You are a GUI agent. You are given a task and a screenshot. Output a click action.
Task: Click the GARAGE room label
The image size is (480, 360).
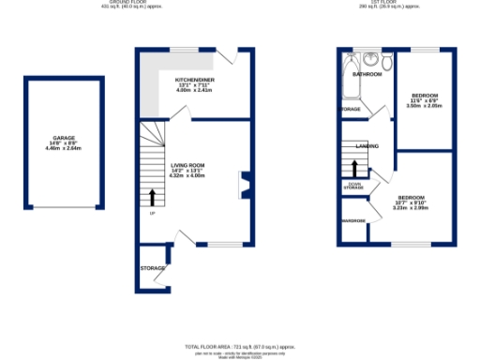(64, 138)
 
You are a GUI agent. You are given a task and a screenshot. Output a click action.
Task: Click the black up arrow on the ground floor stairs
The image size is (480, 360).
(153, 197)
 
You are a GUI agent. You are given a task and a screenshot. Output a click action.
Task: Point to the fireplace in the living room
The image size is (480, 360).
(243, 185)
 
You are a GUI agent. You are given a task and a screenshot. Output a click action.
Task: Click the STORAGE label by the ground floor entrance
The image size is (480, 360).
(153, 268)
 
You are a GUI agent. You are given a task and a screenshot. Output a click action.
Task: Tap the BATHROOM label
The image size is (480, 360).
(367, 73)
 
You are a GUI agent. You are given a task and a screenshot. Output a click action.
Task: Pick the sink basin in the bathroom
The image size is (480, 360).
(370, 61)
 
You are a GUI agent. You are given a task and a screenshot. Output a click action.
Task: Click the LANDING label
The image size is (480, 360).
(367, 146)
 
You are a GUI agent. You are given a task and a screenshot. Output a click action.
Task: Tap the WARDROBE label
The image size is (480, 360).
(353, 221)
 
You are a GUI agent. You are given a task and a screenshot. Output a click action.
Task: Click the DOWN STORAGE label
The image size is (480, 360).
(353, 186)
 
